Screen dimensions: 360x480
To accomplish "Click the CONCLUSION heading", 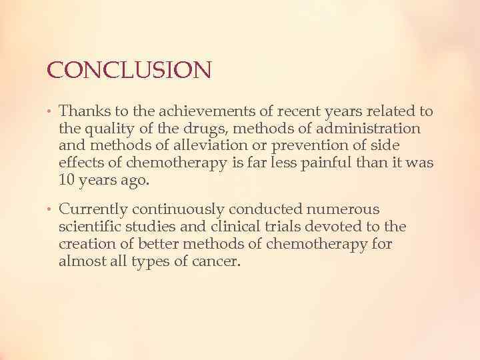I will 129,69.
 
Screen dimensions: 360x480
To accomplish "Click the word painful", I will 316,163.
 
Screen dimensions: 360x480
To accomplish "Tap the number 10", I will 67,180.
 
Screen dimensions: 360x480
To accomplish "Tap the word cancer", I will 217,262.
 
